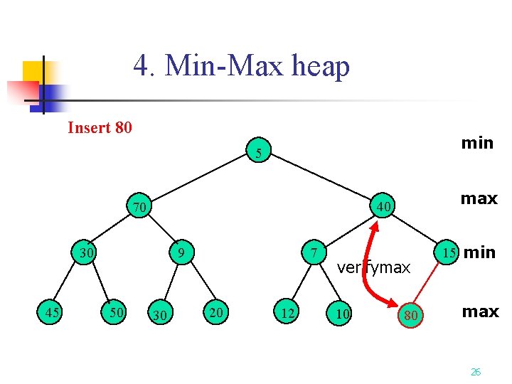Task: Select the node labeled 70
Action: point(139,207)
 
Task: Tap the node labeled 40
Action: point(383,207)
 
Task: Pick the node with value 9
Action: point(182,252)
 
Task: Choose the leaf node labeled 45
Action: point(51,311)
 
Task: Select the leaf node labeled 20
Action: point(215,311)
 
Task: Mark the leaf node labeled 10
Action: point(343,314)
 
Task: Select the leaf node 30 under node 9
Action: point(161,314)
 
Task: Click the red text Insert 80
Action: point(100,128)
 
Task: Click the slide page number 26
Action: point(476,371)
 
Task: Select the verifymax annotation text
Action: point(374,267)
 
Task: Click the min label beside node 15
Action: point(479,252)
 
